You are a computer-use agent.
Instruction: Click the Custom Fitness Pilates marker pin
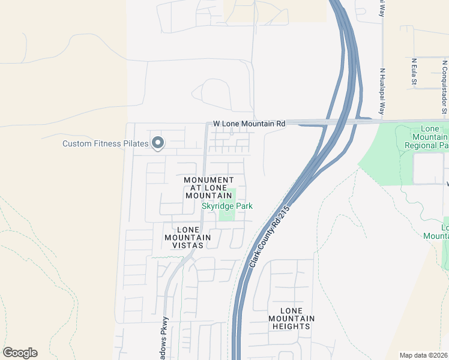[x=158, y=143]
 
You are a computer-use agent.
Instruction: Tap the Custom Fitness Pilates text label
[x=106, y=143]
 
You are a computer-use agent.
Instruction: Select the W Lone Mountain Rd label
[x=249, y=124]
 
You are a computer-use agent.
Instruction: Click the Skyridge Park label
[x=227, y=206]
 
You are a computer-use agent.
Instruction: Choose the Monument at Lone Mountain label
[x=208, y=188]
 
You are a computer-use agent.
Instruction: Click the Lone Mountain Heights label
[x=289, y=318]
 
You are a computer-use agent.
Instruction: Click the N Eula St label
[x=414, y=71]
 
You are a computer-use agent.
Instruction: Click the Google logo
[x=20, y=353]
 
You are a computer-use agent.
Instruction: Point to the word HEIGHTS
[x=289, y=326]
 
